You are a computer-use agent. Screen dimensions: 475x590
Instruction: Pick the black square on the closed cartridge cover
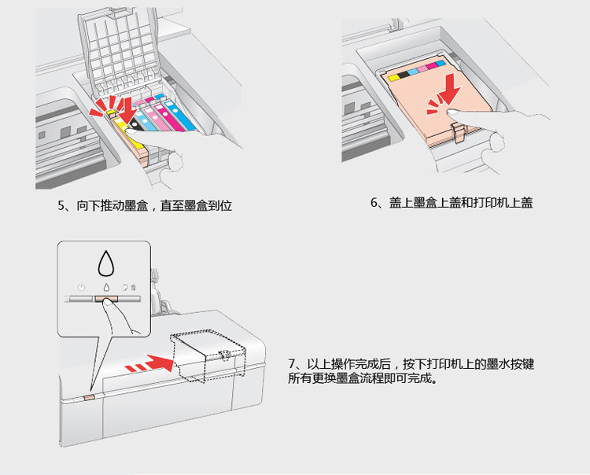404,74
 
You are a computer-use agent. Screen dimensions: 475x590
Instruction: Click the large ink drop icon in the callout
105,260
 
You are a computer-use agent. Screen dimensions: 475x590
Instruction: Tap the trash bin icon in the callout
133,288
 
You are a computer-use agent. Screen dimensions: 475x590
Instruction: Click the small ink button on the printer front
89,398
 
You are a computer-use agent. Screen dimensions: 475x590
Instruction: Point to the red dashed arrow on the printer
150,364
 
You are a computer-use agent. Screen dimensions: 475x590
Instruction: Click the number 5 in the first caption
62,206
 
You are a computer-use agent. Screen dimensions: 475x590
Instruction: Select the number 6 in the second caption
374,203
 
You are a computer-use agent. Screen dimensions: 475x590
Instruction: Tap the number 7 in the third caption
293,364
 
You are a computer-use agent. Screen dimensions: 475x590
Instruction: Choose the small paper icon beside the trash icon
125,288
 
